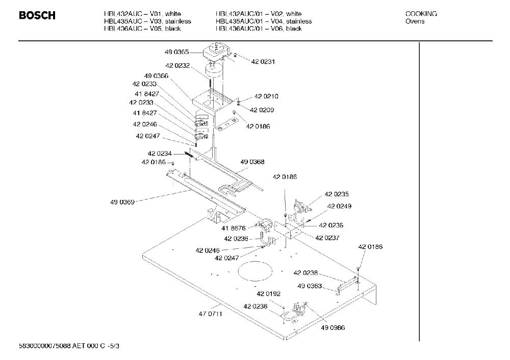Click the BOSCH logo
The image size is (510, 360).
[37, 15]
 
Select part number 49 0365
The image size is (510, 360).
[176, 52]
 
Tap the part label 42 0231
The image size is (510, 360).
[263, 62]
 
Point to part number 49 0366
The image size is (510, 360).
[156, 76]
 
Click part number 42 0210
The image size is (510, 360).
[266, 96]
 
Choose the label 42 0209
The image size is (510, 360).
[262, 110]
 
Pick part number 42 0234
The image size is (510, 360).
[160, 153]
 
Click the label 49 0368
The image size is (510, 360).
[252, 162]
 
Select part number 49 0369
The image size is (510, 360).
[122, 202]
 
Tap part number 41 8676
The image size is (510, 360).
[234, 228]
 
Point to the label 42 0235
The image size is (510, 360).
[337, 194]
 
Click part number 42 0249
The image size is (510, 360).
[339, 206]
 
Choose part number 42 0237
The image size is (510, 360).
[327, 238]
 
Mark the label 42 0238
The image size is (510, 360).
[305, 273]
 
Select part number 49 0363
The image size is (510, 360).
[310, 286]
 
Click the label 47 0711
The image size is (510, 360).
[211, 314]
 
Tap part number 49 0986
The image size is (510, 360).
[333, 327]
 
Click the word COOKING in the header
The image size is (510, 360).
[421, 14]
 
